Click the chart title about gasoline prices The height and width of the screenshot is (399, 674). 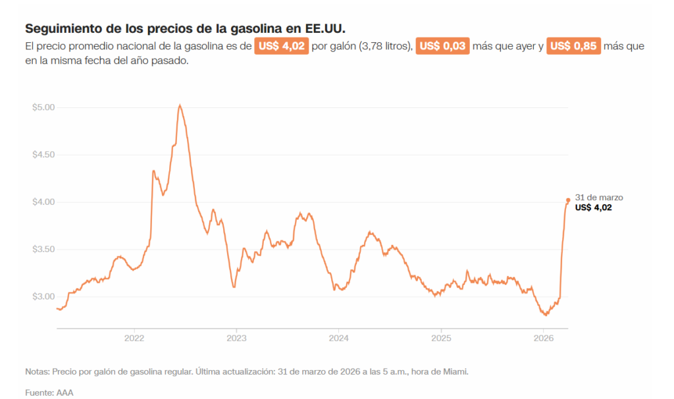pyautogui.click(x=184, y=30)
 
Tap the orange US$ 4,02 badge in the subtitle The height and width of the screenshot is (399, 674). pyautogui.click(x=281, y=47)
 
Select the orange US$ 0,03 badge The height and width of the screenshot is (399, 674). pyautogui.click(x=442, y=47)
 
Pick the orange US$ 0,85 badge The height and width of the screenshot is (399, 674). pyautogui.click(x=573, y=47)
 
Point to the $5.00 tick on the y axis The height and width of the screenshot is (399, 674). pyautogui.click(x=43, y=107)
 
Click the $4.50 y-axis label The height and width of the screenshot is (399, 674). pyautogui.click(x=43, y=155)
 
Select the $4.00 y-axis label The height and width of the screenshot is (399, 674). pyautogui.click(x=43, y=202)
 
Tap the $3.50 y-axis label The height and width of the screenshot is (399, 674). pyautogui.click(x=43, y=250)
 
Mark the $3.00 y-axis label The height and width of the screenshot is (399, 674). pyautogui.click(x=43, y=297)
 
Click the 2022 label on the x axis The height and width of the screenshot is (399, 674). pyautogui.click(x=134, y=338)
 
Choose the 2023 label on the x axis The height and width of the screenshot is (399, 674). pyautogui.click(x=236, y=338)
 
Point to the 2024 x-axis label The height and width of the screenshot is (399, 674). pyautogui.click(x=338, y=338)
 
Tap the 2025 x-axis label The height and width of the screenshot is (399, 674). pyautogui.click(x=440, y=338)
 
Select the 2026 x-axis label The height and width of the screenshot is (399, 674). pyautogui.click(x=543, y=338)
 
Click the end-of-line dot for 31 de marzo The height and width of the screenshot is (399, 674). pyautogui.click(x=568, y=200)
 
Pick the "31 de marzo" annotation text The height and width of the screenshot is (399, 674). pyautogui.click(x=599, y=198)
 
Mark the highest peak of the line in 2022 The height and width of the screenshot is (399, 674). pyautogui.click(x=180, y=105)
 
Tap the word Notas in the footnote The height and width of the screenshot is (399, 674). pyautogui.click(x=37, y=372)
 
